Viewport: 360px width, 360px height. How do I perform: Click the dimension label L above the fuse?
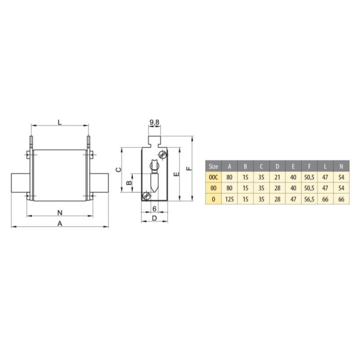tap(60, 122)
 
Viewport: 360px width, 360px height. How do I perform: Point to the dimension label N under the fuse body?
tap(60, 213)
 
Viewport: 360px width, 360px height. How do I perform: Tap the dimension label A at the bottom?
tap(60, 223)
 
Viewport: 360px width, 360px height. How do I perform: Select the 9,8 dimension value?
tap(154, 122)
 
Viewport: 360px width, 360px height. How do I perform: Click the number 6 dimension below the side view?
tap(154, 209)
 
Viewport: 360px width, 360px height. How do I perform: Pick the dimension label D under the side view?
tap(154, 218)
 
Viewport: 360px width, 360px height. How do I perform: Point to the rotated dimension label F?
tap(189, 168)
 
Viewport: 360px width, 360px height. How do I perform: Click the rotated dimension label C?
tap(118, 170)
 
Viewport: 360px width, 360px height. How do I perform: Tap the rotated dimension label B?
tap(129, 183)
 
